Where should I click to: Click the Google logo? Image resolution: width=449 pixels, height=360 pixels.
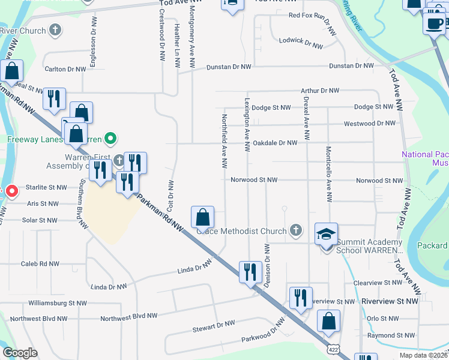20,353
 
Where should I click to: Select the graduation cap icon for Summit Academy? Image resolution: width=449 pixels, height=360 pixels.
326,234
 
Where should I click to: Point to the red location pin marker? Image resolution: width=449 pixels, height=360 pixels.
11,191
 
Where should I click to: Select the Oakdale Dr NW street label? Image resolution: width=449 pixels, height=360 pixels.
275,143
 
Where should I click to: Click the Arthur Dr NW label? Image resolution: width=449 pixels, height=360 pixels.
320,91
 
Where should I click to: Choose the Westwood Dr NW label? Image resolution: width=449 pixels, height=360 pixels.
370,124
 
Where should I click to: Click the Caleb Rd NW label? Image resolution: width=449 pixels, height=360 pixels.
40,263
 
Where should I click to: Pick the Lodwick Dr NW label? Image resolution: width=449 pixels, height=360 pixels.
301,42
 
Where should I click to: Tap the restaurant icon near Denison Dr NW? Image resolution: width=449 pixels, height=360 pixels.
250,271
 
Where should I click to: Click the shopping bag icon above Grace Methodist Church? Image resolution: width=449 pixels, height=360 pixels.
203,217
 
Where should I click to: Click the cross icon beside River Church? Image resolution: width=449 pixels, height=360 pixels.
55,29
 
